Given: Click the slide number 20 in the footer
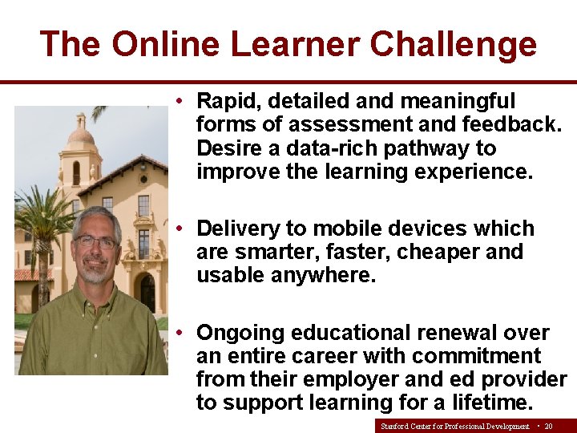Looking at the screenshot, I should [549, 426].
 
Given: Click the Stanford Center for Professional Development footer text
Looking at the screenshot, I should [454, 426].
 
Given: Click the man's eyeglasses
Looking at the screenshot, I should [95, 241].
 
